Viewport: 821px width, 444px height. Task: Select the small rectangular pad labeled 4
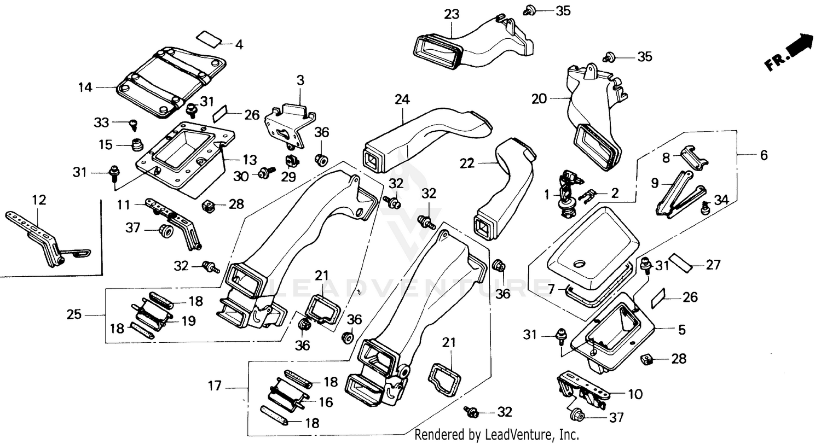click(x=210, y=38)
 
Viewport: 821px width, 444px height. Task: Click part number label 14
click(x=85, y=86)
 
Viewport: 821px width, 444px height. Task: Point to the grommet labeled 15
click(x=137, y=146)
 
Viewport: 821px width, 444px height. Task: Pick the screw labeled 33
click(x=132, y=125)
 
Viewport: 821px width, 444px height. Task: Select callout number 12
click(x=39, y=200)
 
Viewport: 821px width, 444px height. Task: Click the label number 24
click(x=402, y=100)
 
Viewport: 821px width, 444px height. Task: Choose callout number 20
click(x=539, y=99)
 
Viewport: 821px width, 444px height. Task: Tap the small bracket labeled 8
click(x=693, y=156)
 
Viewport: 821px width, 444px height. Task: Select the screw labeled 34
click(x=706, y=207)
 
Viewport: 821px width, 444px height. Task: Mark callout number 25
click(x=74, y=314)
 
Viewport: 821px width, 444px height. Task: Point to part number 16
click(x=325, y=402)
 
